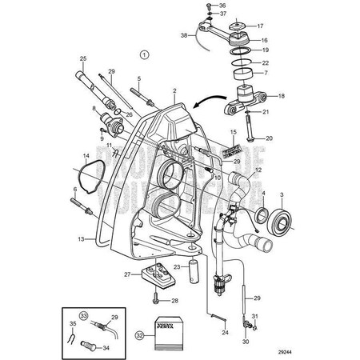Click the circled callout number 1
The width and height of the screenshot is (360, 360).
tap(144, 54)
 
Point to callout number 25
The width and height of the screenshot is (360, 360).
tap(82, 58)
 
